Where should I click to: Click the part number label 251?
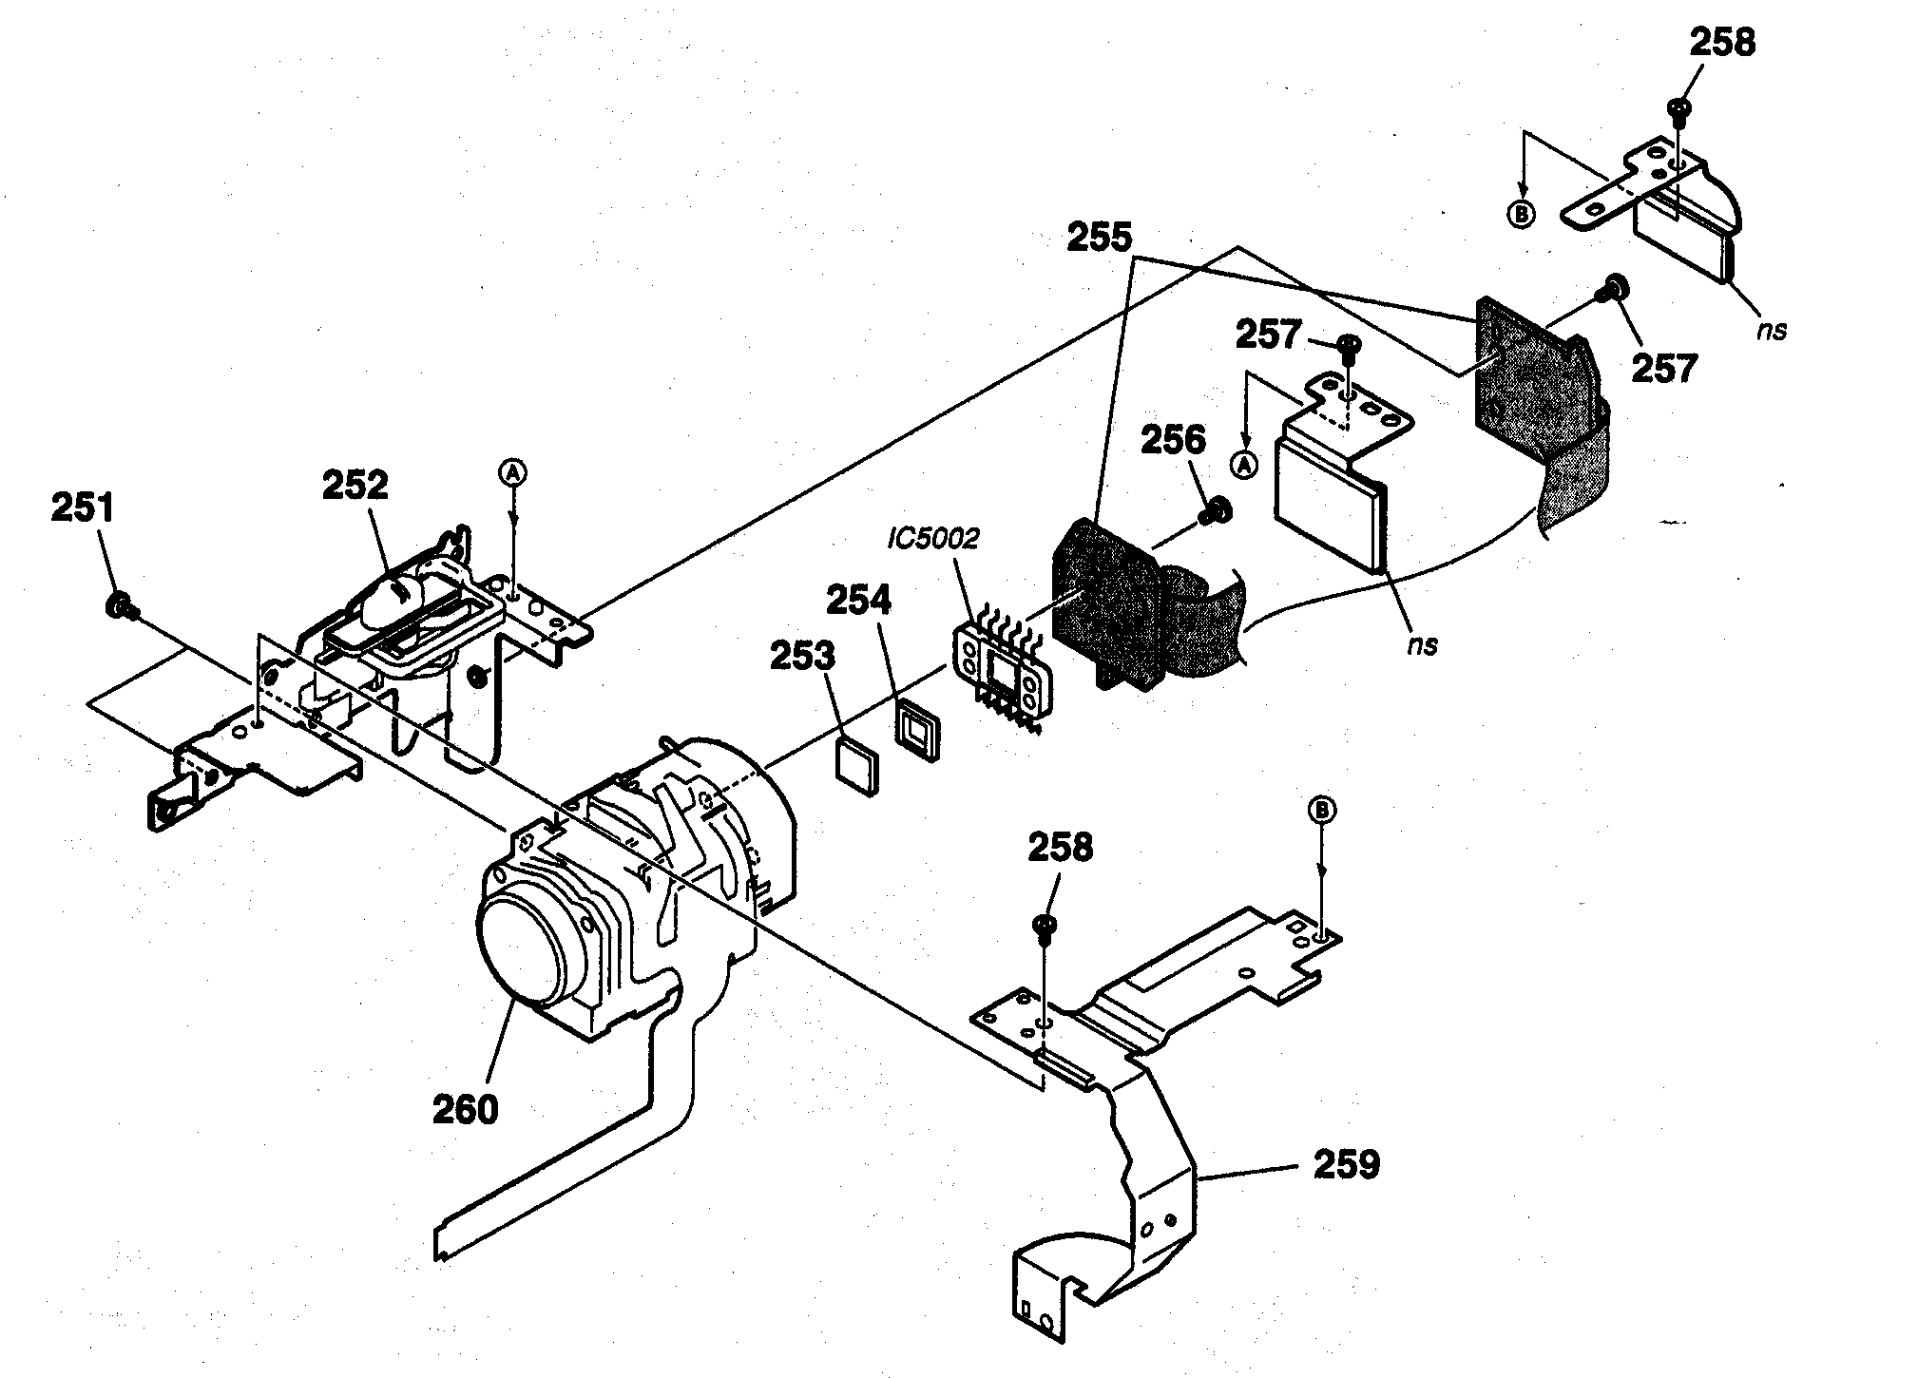point(82,508)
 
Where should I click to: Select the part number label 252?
point(355,486)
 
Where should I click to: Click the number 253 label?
point(802,657)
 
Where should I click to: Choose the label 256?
point(1173,440)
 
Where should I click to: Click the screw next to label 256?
point(1215,512)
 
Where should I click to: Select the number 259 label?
point(1346,1164)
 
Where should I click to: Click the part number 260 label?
point(465,1109)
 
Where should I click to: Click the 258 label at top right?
point(1722,43)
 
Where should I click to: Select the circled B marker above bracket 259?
point(1322,810)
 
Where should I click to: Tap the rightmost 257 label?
point(1664,368)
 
